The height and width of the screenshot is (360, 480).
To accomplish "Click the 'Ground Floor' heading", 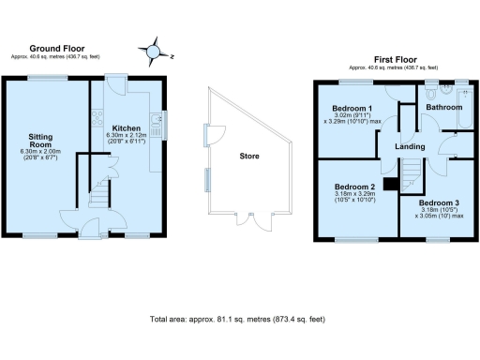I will pos(59,48).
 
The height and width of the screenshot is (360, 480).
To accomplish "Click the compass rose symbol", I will pos(155,49).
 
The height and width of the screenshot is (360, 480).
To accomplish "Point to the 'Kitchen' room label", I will pos(127,127).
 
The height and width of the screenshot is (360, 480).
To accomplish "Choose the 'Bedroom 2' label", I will pos(353,186).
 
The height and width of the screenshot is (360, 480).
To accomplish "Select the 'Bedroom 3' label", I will pos(439,203).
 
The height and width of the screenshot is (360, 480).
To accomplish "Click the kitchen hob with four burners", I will pos(97,118).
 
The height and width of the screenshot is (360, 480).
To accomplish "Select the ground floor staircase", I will pos(98,197).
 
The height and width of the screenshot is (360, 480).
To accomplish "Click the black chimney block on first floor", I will pos(388,182).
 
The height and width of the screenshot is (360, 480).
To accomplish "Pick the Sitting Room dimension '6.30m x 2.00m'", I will pos(41,152).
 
